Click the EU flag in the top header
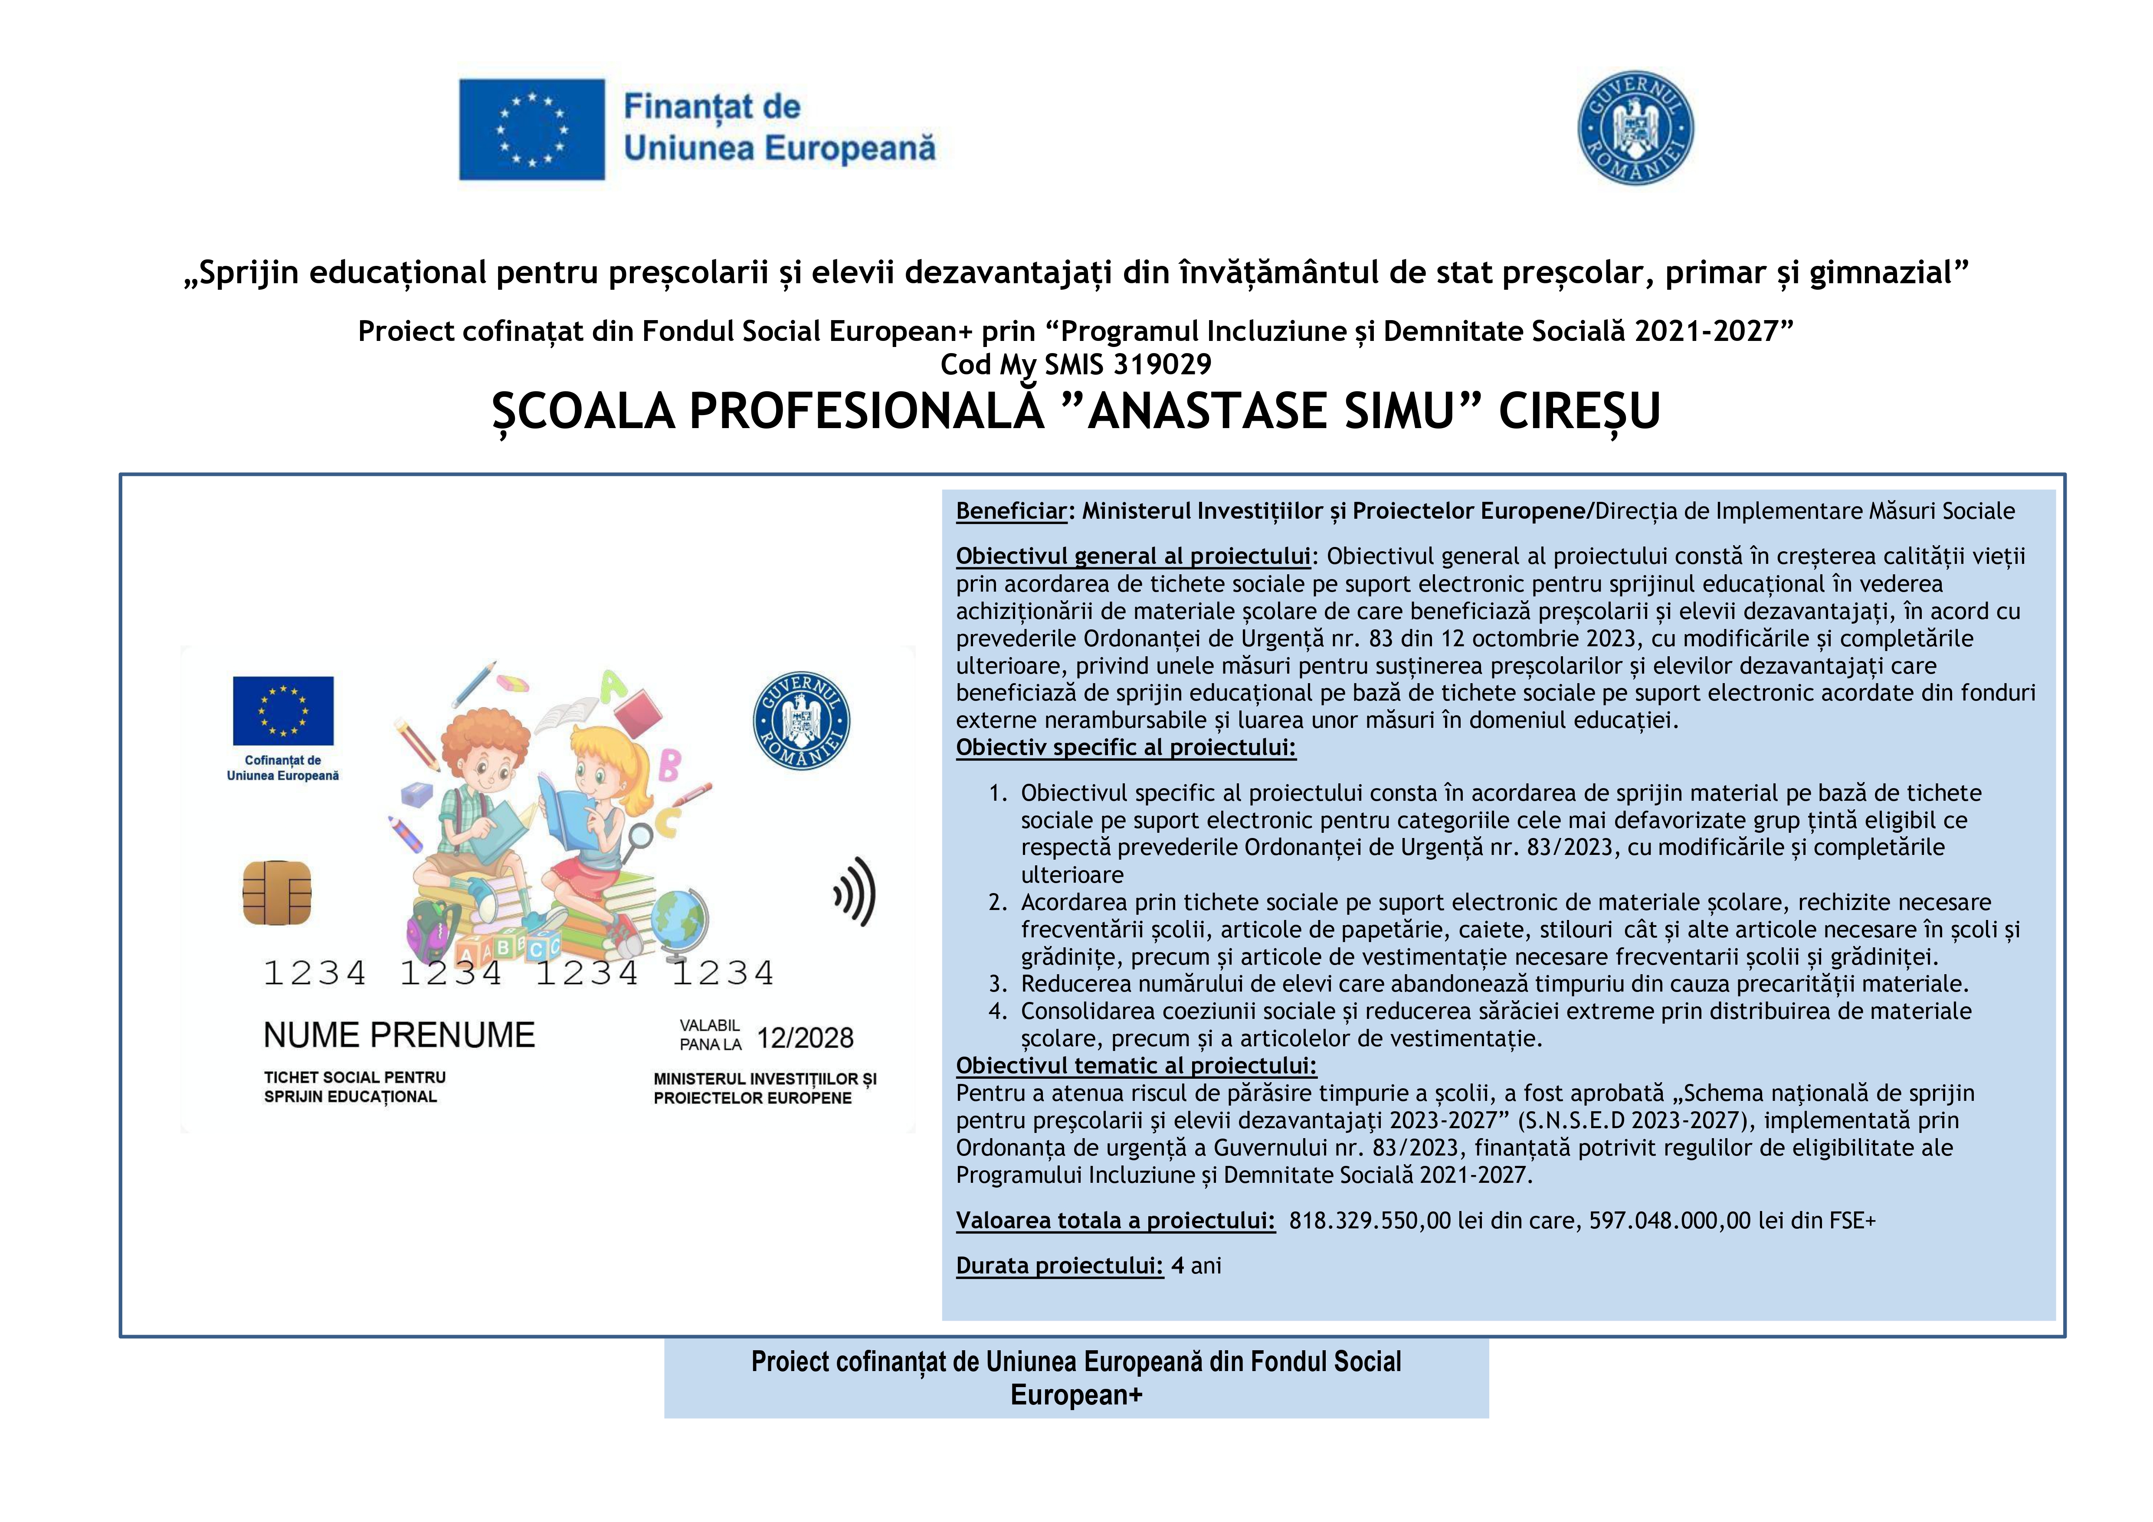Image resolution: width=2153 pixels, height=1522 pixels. (x=532, y=129)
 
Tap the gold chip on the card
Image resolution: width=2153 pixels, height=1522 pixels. (x=277, y=891)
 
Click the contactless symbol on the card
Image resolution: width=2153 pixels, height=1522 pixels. (x=855, y=891)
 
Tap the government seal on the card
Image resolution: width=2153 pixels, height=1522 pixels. (x=802, y=720)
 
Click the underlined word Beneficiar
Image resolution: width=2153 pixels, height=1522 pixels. (x=1011, y=511)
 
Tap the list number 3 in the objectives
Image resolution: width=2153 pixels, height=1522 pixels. (x=998, y=984)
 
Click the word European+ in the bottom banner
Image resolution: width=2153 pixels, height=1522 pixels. (x=1077, y=1395)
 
